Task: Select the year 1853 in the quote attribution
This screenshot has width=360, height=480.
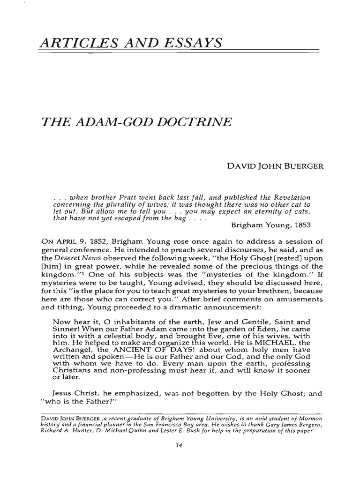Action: pyautogui.click(x=301, y=225)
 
